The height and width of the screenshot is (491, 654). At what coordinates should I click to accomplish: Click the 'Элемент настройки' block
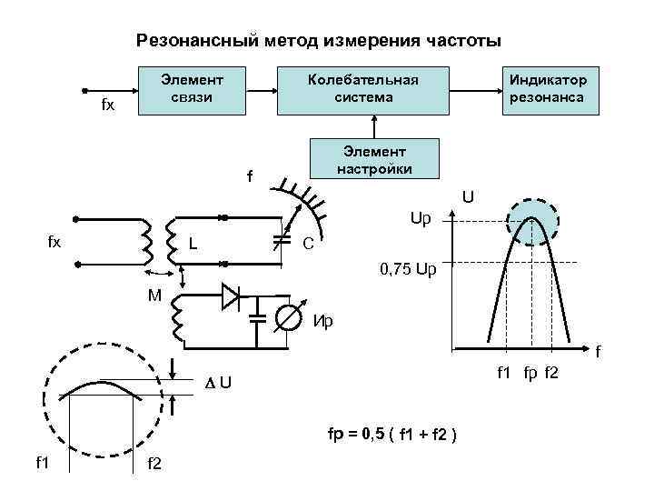(373, 159)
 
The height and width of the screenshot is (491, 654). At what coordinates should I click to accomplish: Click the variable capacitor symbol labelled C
(282, 240)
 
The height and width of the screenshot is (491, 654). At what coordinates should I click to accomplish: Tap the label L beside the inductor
(193, 244)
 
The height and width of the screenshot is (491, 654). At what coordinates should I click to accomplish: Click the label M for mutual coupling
(155, 296)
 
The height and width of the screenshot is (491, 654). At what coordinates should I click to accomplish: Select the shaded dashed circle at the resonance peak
(534, 219)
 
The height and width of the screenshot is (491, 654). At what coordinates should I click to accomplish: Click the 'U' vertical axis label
(469, 196)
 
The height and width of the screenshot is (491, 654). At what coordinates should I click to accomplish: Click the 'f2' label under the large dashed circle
(154, 465)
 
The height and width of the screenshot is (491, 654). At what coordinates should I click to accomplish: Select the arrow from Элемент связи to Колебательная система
(262, 91)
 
